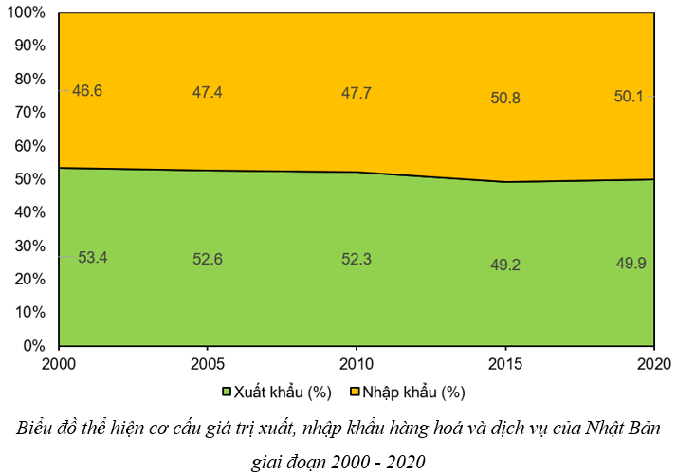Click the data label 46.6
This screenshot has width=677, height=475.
(86, 91)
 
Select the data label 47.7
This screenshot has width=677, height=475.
(356, 93)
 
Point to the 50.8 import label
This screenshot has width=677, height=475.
(504, 98)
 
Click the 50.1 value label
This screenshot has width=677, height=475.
(631, 96)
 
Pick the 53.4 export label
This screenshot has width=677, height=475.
(92, 257)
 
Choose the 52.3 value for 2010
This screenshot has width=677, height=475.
(356, 259)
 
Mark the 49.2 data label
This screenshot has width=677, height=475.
(504, 265)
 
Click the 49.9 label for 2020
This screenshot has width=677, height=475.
(631, 263)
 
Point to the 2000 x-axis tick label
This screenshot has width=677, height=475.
(59, 364)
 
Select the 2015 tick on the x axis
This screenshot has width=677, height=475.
(504, 364)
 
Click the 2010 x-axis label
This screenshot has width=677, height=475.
(356, 364)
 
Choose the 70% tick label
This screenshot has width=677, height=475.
(30, 113)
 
